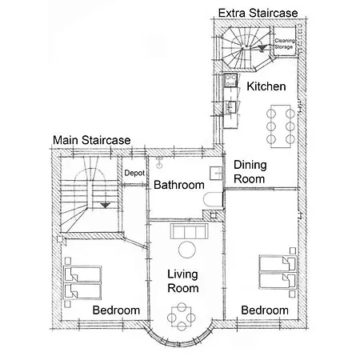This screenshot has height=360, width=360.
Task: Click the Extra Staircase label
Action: coord(258,13)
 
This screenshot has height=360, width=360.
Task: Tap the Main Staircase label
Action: coord(92,140)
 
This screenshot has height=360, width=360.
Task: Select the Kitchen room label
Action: coord(266,86)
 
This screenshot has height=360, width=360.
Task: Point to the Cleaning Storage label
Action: coord(285,44)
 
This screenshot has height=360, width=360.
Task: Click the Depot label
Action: coord(134,173)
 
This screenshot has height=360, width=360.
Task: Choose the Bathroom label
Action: coord(179,185)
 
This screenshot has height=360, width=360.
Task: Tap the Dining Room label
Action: coord(250,172)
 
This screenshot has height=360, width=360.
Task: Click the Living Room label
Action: coord(183,281)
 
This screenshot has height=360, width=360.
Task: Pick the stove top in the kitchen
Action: coord(230,81)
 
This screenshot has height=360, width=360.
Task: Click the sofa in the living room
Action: coord(189,231)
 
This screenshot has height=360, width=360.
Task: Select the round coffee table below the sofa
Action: coord(187,250)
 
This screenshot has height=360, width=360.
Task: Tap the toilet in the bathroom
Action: coord(213,199)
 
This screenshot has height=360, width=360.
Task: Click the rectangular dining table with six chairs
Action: coord(281,126)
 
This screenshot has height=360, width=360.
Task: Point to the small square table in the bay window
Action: coord(182,317)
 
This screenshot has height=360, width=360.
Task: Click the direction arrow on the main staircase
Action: coord(105,206)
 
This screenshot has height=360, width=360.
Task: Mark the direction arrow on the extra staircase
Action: coord(262,48)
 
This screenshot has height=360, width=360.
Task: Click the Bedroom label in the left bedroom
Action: coord(116,310)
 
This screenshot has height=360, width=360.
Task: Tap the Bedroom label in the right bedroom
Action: coord(265,310)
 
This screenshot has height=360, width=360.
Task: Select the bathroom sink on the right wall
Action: coord(216,173)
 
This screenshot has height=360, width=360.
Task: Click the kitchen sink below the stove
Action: coord(230,107)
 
